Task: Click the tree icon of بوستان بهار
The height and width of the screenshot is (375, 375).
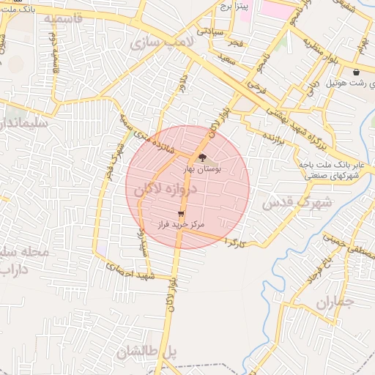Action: (x=202, y=157)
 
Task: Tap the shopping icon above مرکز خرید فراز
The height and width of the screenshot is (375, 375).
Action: (x=181, y=214)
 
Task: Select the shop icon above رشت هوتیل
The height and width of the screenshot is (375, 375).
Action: (x=356, y=72)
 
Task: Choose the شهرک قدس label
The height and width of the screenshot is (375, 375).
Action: (x=297, y=201)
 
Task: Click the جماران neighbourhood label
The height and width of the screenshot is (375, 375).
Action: (x=335, y=301)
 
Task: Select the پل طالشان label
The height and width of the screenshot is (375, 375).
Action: (x=146, y=352)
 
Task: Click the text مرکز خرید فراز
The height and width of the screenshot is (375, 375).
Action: (x=181, y=224)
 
